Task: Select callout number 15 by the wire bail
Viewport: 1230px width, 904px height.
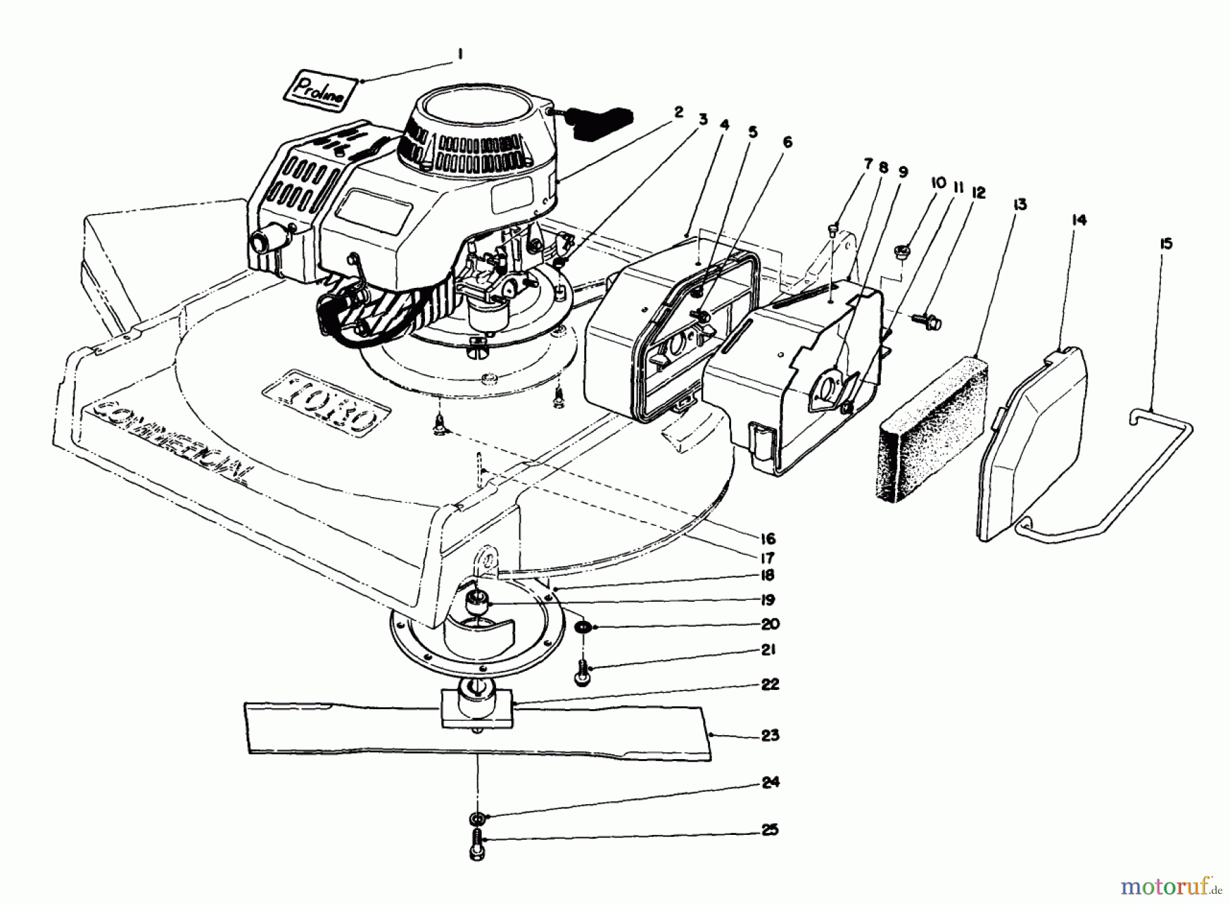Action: pyautogui.click(x=1165, y=243)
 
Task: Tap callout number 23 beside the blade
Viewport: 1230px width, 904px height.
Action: pyautogui.click(x=769, y=735)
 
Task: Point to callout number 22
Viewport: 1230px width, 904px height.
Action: pyautogui.click(x=769, y=684)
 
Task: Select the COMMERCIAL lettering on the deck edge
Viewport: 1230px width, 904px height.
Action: pyautogui.click(x=171, y=438)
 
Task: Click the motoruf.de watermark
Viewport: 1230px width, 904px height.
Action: pyautogui.click(x=1173, y=887)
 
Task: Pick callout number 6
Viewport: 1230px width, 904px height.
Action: pyautogui.click(x=787, y=142)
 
